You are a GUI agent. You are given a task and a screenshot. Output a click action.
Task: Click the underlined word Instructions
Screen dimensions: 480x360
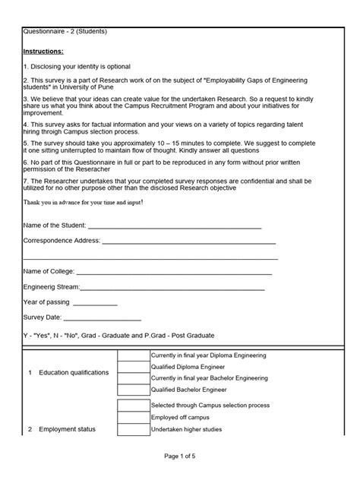[44, 51]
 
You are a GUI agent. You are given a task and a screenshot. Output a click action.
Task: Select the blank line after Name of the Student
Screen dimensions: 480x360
[175, 226]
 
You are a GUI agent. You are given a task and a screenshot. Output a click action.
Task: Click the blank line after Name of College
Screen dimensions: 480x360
[174, 271]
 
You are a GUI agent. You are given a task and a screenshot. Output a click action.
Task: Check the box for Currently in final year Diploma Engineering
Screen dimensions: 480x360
[134, 355]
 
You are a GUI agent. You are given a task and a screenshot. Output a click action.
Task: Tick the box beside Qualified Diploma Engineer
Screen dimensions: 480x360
[134, 367]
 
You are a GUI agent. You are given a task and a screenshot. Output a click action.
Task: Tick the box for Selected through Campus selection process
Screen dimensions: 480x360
[134, 406]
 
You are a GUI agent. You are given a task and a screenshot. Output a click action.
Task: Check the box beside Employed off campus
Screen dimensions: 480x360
[134, 417]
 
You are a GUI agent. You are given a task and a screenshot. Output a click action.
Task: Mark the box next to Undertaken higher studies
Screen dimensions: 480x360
[134, 429]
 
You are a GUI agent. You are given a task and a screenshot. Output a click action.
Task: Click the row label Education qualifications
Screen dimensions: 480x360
[74, 373]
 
